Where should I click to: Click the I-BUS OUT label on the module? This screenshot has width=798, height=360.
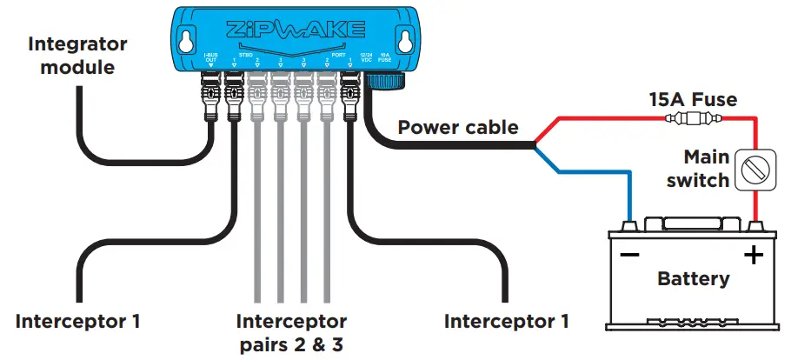[x=210, y=58]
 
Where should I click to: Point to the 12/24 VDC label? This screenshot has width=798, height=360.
[x=368, y=58]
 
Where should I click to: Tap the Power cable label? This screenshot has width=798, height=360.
[x=458, y=128]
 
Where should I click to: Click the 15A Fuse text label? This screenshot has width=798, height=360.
[x=693, y=100]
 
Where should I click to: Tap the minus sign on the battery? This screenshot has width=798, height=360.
[x=630, y=256]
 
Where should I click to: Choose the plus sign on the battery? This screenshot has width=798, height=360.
[x=752, y=256]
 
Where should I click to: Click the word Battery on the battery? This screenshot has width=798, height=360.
[x=693, y=279]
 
